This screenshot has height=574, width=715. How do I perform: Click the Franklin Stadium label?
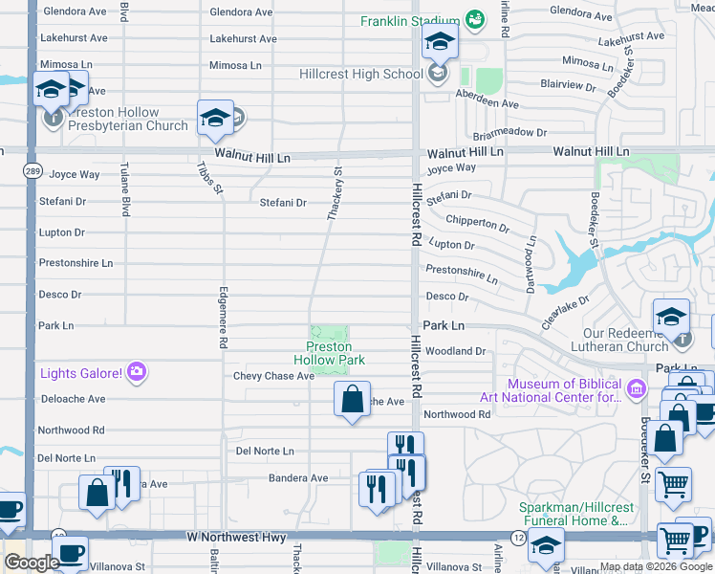point(410,21)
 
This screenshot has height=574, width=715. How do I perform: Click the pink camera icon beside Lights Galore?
point(137,371)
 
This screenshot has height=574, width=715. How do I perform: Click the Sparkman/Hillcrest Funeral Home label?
point(573,514)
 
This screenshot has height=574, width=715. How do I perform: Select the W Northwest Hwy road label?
point(236,538)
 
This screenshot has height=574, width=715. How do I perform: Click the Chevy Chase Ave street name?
point(273,376)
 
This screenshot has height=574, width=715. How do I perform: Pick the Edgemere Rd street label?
point(224,317)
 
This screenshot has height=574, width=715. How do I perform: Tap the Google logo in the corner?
point(32,563)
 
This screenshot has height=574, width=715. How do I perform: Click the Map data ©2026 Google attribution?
point(656,566)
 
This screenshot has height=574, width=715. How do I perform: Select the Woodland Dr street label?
point(456,351)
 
